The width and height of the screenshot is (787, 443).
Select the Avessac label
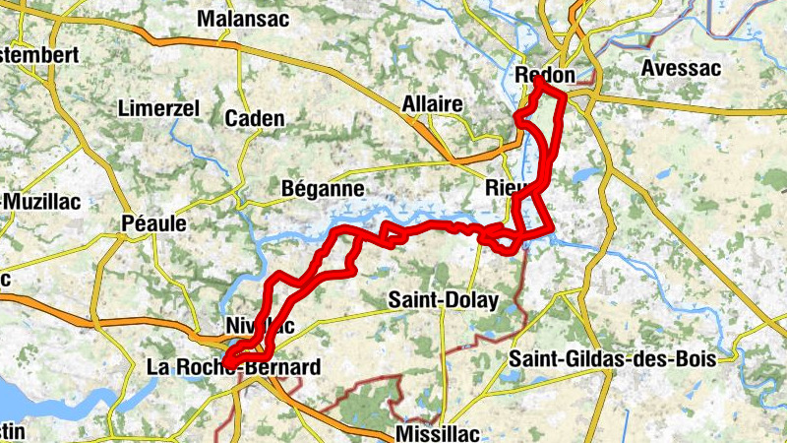pyautogui.click(x=680, y=69)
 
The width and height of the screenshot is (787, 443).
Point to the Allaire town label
pyautogui.click(x=432, y=104)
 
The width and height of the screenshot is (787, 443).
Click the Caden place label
pyautogui.click(x=255, y=119)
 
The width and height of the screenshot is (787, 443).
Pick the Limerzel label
pyautogui.click(x=158, y=107)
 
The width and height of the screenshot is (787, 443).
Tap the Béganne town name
pyautogui.click(x=323, y=188)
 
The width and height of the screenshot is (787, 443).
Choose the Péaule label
pyautogui.click(x=153, y=223)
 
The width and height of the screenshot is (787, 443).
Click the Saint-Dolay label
pyautogui.click(x=444, y=299)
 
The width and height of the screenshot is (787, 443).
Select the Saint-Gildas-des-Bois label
pyautogui.click(x=611, y=359)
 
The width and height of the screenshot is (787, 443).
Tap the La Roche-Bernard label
pyautogui.click(x=233, y=367)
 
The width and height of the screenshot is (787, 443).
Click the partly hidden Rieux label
pyautogui.click(x=504, y=187)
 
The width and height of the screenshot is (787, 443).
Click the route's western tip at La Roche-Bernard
pyautogui.click(x=227, y=360)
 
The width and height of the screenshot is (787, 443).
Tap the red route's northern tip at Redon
pyautogui.click(x=539, y=82)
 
